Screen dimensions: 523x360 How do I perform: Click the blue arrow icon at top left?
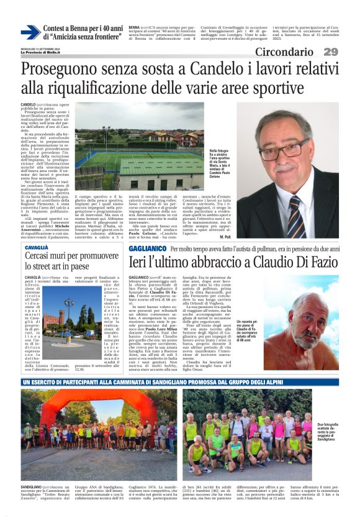(x=30, y=32)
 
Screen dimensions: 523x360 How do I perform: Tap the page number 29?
(x=330, y=52)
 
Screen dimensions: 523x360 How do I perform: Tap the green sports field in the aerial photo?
(x=112, y=158)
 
